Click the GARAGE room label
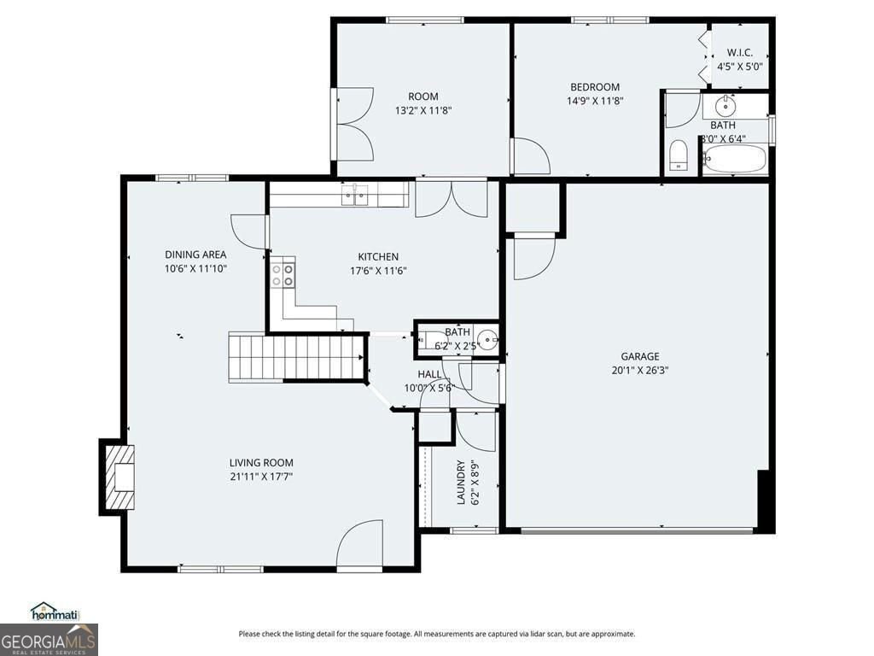(639, 356)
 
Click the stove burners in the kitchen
(283, 274)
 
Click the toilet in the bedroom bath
(679, 155)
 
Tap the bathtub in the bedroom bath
(734, 159)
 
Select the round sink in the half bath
(487, 340)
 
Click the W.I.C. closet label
(739, 52)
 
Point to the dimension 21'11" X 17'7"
(261, 477)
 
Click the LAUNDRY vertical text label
(461, 483)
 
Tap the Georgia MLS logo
(49, 639)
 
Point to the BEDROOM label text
(595, 87)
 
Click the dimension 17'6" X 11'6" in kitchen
(377, 271)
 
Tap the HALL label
(429, 374)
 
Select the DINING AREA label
(195, 255)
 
